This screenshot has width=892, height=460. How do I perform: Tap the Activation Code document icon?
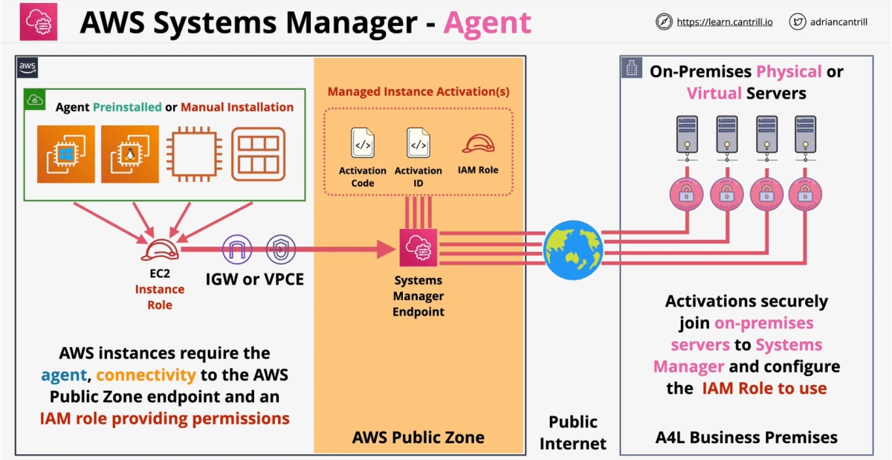tap(362, 143)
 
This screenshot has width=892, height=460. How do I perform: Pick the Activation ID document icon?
tap(418, 143)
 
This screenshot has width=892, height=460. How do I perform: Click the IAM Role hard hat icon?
tap(479, 144)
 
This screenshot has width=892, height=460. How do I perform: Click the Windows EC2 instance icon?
tap(66, 154)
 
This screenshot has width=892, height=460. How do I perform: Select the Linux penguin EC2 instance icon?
tap(129, 154)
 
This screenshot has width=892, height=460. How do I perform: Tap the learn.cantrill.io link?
tap(724, 22)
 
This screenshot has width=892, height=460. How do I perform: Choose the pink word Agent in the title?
tap(487, 23)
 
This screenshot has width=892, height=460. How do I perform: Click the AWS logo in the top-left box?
tap(27, 68)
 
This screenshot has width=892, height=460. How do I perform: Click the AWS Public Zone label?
tap(418, 437)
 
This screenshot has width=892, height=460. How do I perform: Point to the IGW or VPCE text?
tap(255, 280)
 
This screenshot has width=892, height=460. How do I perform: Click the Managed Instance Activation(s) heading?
tap(418, 92)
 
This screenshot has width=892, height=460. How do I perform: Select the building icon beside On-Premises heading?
tap(632, 69)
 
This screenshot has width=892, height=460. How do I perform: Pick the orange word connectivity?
tap(146, 375)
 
